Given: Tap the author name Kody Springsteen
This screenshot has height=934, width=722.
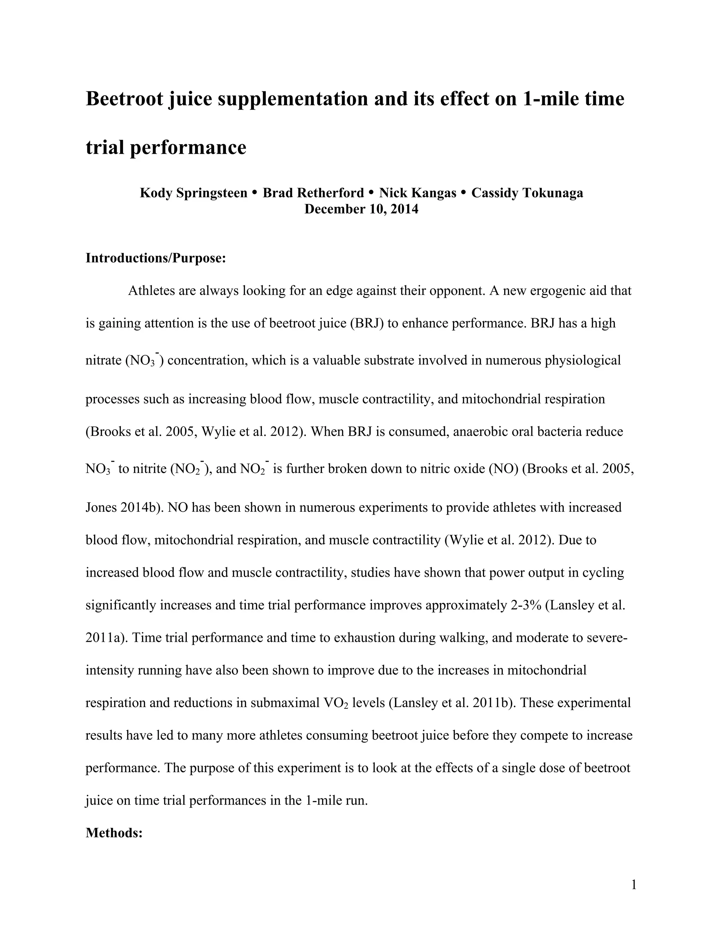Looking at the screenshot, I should (193, 193).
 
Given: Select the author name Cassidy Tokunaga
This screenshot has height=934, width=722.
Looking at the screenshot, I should (527, 193).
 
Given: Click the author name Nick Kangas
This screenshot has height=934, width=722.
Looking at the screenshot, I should (418, 193).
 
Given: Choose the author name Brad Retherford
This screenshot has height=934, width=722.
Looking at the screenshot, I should (313, 193).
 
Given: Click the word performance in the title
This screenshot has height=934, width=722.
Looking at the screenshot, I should (188, 148).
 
